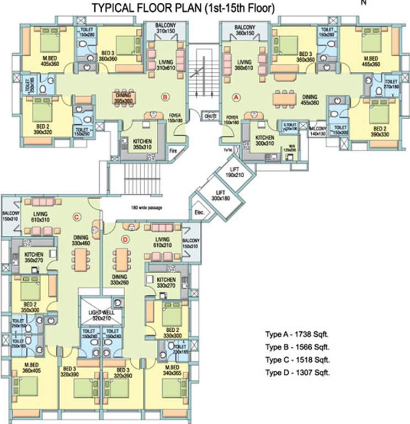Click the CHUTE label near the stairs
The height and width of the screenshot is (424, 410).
point(209,116)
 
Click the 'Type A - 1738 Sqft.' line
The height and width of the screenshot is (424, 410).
point(297,335)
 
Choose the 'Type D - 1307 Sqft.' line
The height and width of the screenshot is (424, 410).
point(297,373)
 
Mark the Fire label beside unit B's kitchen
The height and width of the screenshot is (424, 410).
point(172,150)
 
